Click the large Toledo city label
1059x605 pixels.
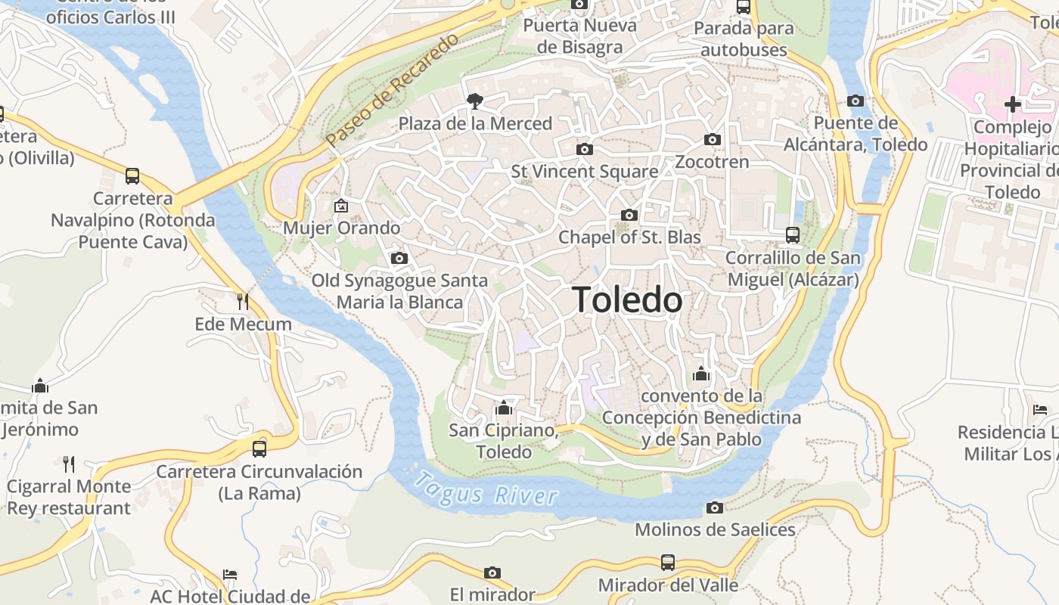pos(627,300)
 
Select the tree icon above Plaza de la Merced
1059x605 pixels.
pos(475,101)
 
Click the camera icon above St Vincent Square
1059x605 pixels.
pos(585,149)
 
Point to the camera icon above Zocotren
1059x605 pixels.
pos(712,139)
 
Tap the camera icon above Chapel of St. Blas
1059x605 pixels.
pos(629,215)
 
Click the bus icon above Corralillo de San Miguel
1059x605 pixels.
pos(793,234)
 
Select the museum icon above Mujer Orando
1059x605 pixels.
pos(341,205)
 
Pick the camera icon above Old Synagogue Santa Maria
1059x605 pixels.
pos(399,258)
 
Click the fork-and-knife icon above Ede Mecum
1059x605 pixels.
pos(243,302)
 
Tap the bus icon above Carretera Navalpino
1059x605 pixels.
pos(132,176)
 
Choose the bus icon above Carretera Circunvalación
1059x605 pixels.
pos(259,448)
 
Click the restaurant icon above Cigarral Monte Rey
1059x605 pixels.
pos(69,464)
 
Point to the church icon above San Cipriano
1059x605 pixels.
pos(504,408)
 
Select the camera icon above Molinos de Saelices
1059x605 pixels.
pos(715,507)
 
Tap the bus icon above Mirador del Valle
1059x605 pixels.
pos(668,562)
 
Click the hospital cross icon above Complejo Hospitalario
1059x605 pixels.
pos(1013,104)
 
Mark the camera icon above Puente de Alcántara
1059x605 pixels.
pos(856,101)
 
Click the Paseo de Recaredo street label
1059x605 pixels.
pos(393,91)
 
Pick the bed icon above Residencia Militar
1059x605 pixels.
pos(1040,410)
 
